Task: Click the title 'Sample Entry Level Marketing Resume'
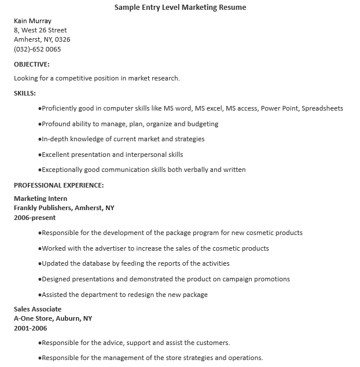180,8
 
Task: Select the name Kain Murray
32,21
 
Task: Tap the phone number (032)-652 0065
37,49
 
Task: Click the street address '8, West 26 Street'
40,30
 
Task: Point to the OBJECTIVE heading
31,64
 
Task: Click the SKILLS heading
25,93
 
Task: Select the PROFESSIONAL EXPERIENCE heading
58,185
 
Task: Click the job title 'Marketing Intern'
40,199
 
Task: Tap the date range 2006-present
35,218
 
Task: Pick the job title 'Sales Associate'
38,309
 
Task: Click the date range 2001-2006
30,328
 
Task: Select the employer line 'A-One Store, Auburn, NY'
53,318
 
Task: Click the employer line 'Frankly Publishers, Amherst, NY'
64,208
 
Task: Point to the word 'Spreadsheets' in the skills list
322,108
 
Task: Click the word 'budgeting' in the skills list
203,124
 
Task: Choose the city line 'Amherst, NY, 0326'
42,39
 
